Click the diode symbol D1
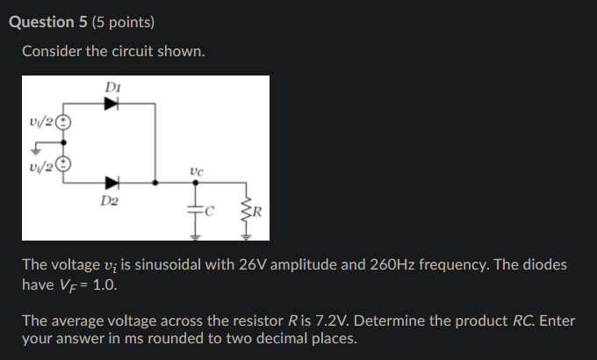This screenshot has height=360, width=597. pos(111,104)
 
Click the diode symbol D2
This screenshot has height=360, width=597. pos(111,184)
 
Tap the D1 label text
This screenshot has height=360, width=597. pos(111,87)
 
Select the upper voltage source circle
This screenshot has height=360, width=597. pos(63,124)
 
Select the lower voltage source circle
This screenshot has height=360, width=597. pos(63,163)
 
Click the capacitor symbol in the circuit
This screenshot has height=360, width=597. pos(195,210)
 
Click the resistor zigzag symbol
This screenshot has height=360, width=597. pos(247,211)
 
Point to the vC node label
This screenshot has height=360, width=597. pos(196,172)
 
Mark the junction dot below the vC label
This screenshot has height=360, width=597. pos(195,184)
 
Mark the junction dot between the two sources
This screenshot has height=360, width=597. pos(63,143)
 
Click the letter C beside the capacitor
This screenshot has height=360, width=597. pos(208,211)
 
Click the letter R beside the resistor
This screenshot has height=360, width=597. pos(257,212)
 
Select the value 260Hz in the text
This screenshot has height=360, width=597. pos(377,264)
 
